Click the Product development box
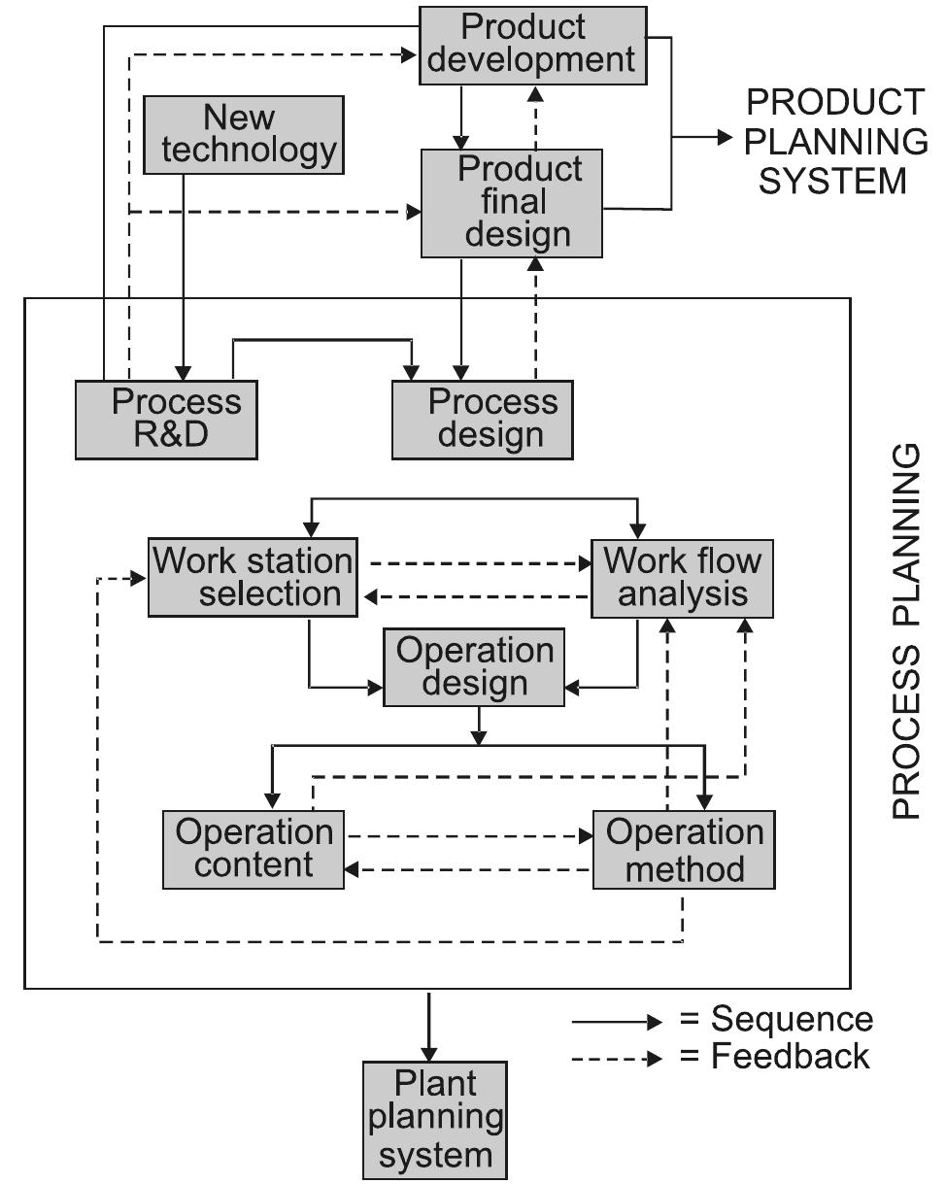click(x=532, y=44)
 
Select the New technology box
click(x=244, y=135)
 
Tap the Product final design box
click(x=511, y=203)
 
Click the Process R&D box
click(x=166, y=419)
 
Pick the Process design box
click(x=482, y=419)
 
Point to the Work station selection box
click(x=252, y=578)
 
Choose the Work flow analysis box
click(x=683, y=578)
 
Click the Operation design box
click(x=474, y=666)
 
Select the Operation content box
click(x=253, y=849)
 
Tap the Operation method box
click(x=684, y=849)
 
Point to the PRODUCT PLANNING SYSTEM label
click(x=835, y=141)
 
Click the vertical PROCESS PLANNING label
click(x=905, y=631)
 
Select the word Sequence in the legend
click(x=792, y=1019)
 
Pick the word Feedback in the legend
click(x=790, y=1056)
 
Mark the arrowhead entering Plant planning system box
click(x=428, y=1053)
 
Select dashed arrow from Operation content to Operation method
click(x=466, y=835)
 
